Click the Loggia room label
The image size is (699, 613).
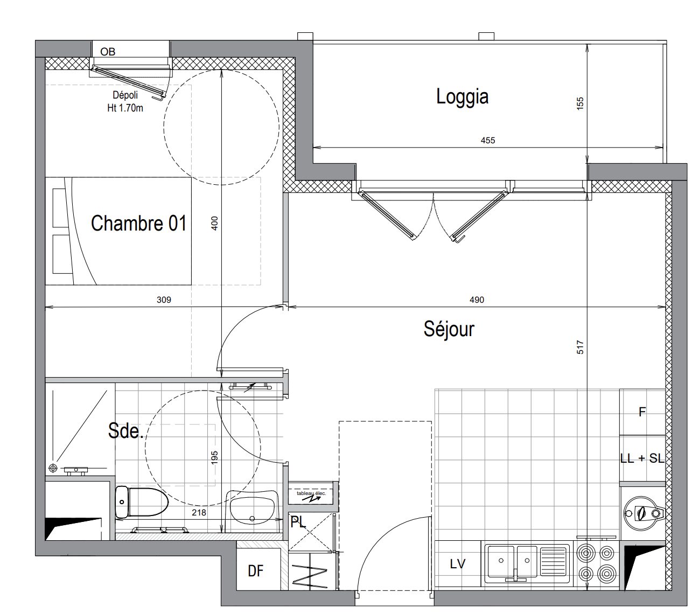[462, 96]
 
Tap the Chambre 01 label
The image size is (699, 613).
[138, 223]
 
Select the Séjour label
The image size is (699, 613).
[449, 329]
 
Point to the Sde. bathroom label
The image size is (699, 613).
[125, 430]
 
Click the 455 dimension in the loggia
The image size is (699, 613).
[487, 141]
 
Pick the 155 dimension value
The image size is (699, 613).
[580, 103]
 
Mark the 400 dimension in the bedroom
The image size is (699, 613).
[214, 224]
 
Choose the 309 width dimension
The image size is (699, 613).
[164, 299]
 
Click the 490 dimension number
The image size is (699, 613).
[477, 299]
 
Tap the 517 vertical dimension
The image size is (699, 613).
[580, 347]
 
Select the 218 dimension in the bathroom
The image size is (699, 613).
[199, 513]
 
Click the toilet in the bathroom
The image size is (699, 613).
[142, 501]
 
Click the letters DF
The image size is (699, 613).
[255, 571]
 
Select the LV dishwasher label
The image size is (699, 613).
[458, 564]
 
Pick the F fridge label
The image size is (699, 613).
[642, 412]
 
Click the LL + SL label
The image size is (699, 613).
[642, 458]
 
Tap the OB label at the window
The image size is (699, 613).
[108, 52]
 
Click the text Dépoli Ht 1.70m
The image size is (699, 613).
[125, 101]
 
